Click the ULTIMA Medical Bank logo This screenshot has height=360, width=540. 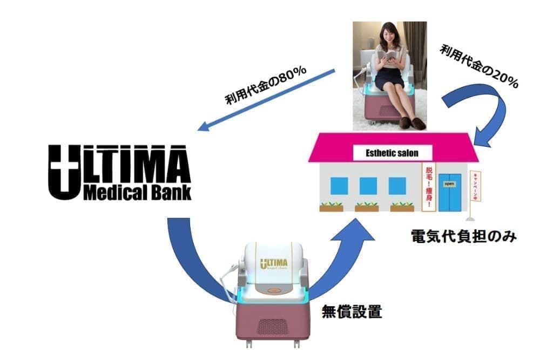[119, 172]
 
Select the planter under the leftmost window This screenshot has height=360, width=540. [331, 207]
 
